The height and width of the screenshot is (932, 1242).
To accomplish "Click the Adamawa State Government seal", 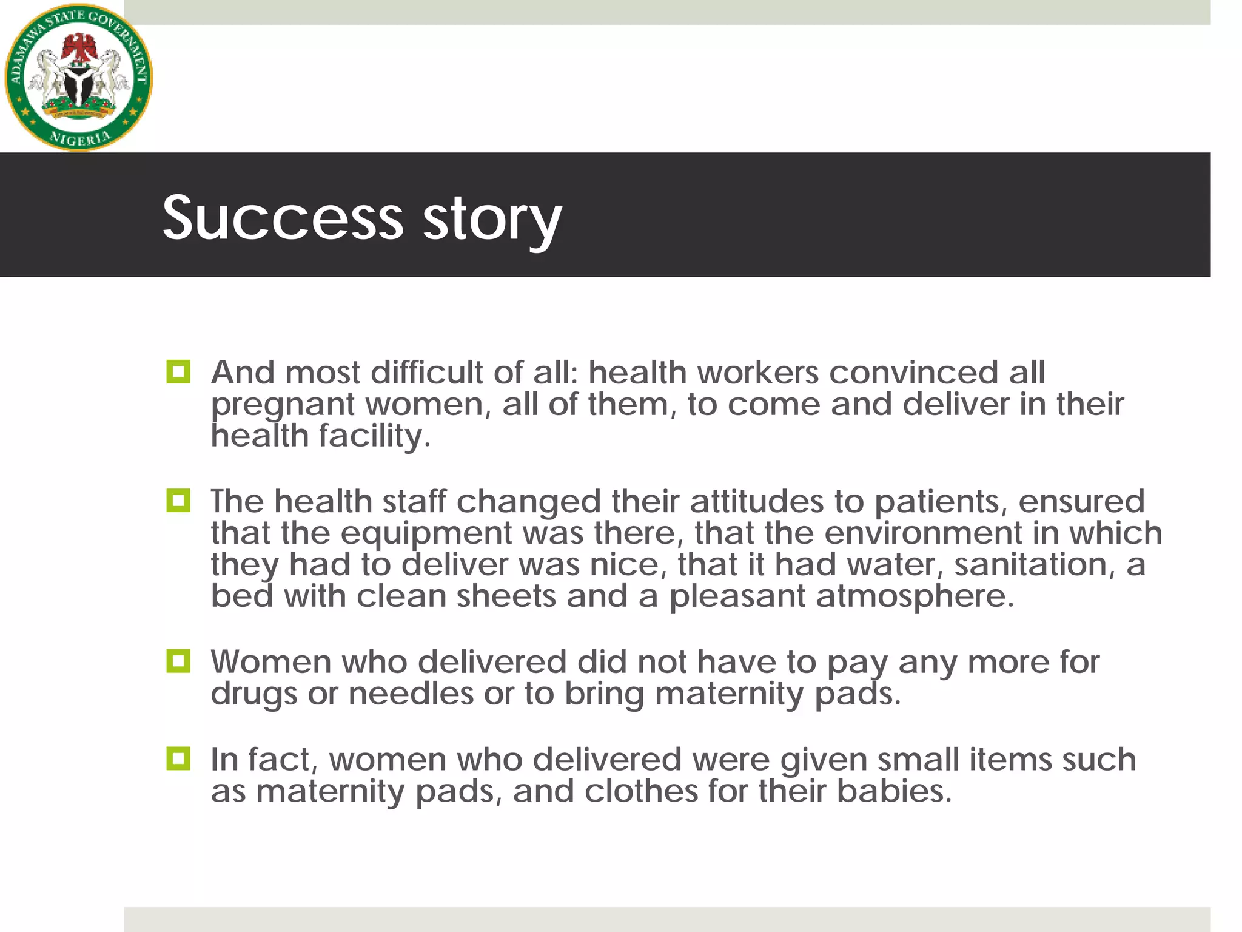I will pyautogui.click(x=78, y=78).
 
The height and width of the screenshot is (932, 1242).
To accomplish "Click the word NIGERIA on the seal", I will pyautogui.click(x=79, y=138).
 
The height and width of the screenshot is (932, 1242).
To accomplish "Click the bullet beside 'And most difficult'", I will pyautogui.click(x=178, y=371).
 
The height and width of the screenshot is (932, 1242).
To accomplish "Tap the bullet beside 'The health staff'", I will pyautogui.click(x=178, y=501).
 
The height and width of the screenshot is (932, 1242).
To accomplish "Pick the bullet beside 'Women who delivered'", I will pyautogui.click(x=178, y=661).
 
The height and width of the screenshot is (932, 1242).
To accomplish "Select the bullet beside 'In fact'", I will pyautogui.click(x=178, y=758).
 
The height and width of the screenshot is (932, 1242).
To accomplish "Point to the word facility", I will pyautogui.click(x=374, y=436).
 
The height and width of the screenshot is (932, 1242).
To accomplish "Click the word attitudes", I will pyautogui.click(x=756, y=502).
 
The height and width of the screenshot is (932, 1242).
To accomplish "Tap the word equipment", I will pyautogui.click(x=426, y=534).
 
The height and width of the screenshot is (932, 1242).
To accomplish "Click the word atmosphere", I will pyautogui.click(x=914, y=596).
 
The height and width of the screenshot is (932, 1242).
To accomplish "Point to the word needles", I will pyautogui.click(x=411, y=694).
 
